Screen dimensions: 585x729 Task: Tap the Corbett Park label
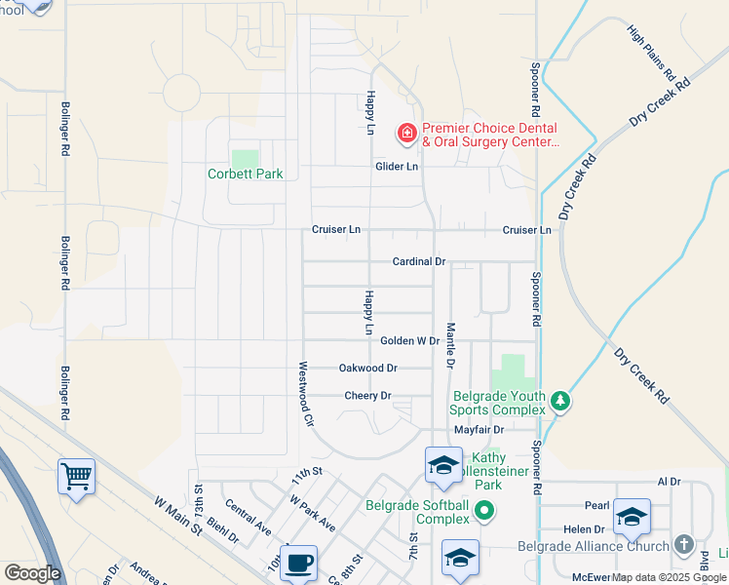[246, 175]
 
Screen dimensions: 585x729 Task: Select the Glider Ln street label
[397, 167]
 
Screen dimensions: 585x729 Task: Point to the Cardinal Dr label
[418, 261]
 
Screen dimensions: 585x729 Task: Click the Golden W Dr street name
[409, 340]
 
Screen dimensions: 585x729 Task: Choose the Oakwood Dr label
[367, 368]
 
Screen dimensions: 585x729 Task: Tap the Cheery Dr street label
[367, 396]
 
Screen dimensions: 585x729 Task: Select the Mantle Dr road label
[450, 346]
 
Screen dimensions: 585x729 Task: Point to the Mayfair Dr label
[479, 429]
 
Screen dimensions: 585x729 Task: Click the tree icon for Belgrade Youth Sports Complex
[559, 401]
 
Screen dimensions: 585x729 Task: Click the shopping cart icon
[76, 477]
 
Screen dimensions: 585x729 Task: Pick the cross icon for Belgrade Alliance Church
[684, 543]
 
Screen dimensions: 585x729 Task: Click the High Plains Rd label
[652, 54]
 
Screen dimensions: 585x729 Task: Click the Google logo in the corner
[31, 573]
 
